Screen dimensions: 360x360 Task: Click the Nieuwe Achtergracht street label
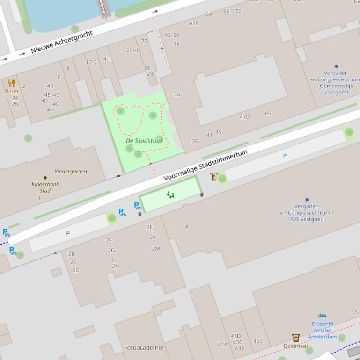tap(62, 41)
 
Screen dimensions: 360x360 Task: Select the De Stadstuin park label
tap(144, 141)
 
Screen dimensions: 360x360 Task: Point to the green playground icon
tap(170, 194)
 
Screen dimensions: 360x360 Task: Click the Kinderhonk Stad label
tap(45, 187)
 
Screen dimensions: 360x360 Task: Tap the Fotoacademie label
tap(144, 348)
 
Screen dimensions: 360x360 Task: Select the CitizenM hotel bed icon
tap(322, 316)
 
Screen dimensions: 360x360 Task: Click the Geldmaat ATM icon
tap(295, 338)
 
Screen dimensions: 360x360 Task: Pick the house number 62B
tap(194, 23)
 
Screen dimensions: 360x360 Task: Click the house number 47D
tap(244, 117)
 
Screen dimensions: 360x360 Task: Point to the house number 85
tap(267, 114)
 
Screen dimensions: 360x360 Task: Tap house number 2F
tap(149, 227)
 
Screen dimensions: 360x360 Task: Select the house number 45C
tap(258, 341)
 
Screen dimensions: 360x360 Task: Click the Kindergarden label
tap(71, 172)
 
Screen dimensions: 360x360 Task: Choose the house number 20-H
tap(132, 50)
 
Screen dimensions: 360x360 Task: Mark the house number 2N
tap(115, 266)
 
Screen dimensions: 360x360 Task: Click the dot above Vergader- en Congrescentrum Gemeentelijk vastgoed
tap(336, 66)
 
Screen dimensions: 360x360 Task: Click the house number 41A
tap(222, 345)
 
